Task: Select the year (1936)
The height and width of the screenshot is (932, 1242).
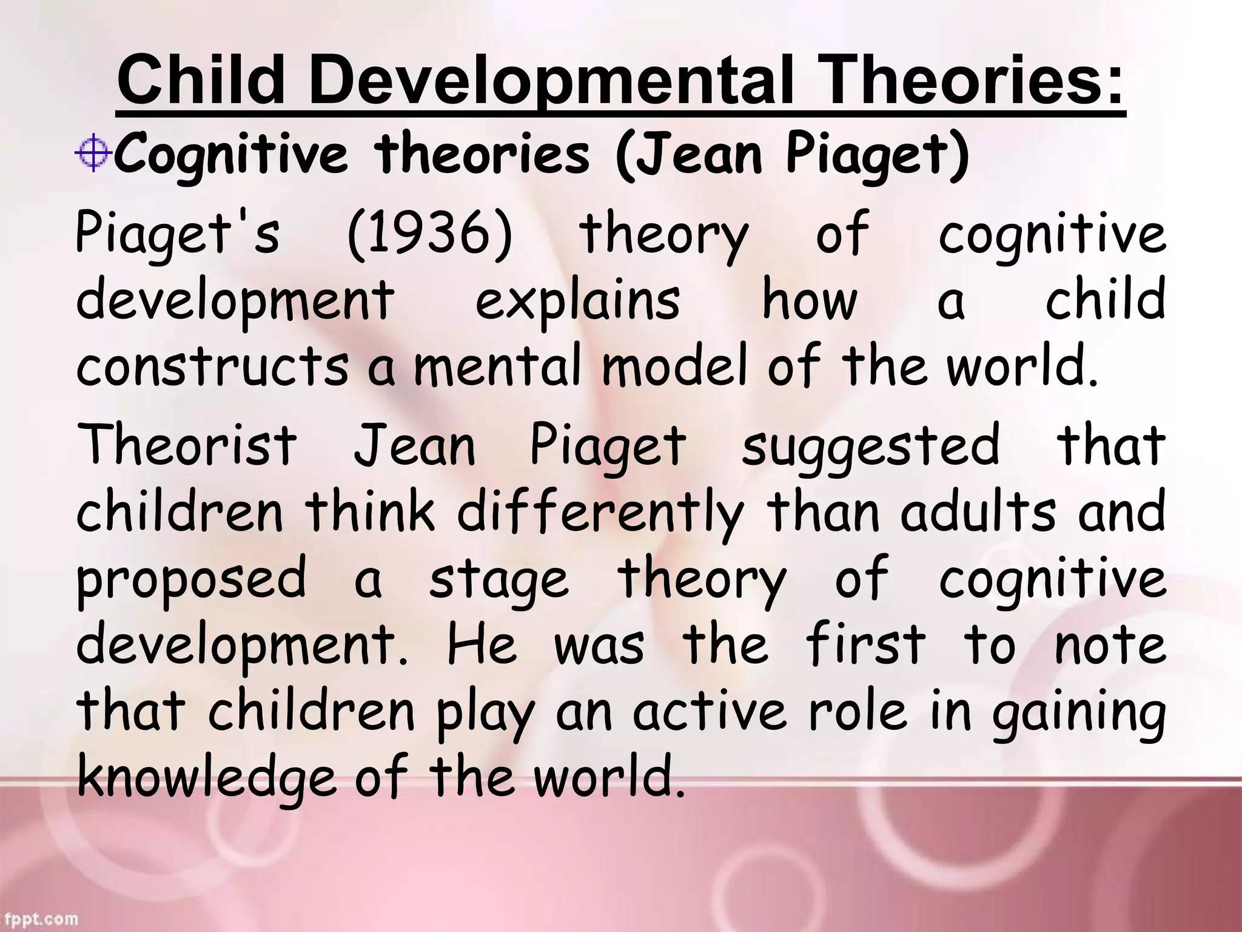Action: tap(430, 234)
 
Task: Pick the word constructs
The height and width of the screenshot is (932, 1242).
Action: tap(212, 366)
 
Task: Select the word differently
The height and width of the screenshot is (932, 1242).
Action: tap(600, 513)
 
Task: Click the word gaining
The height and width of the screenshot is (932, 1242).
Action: tap(1079, 714)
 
